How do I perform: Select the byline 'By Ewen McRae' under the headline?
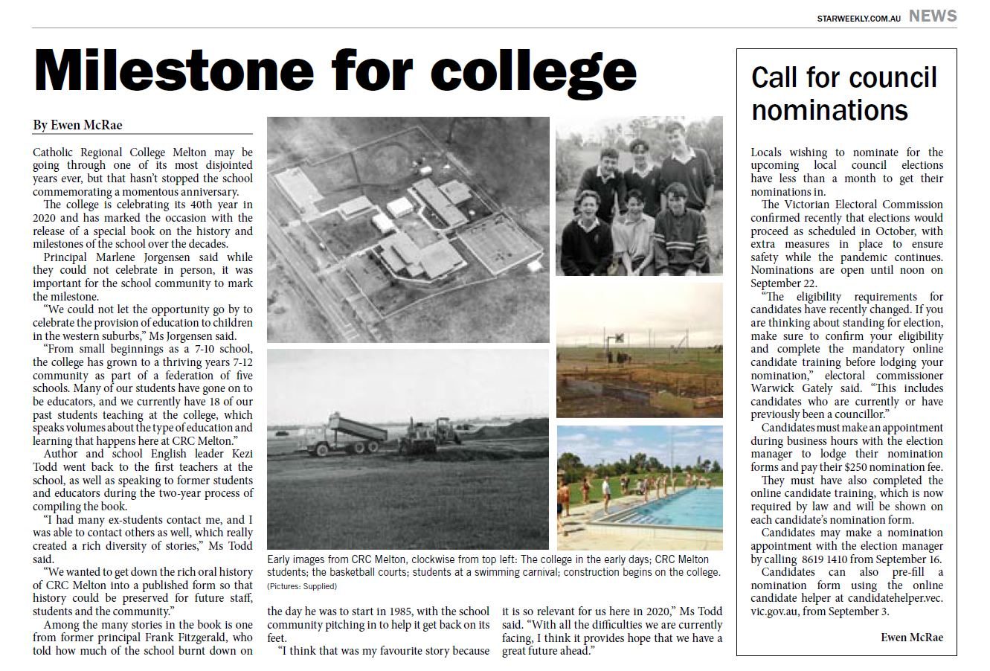point(77,125)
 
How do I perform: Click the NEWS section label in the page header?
point(933,16)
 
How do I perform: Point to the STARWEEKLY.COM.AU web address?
point(858,18)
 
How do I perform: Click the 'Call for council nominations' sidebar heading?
point(844,94)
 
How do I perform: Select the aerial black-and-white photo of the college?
point(408,228)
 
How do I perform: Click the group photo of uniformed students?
point(639,196)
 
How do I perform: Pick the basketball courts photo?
point(639,350)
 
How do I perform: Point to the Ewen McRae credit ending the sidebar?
point(911,638)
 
